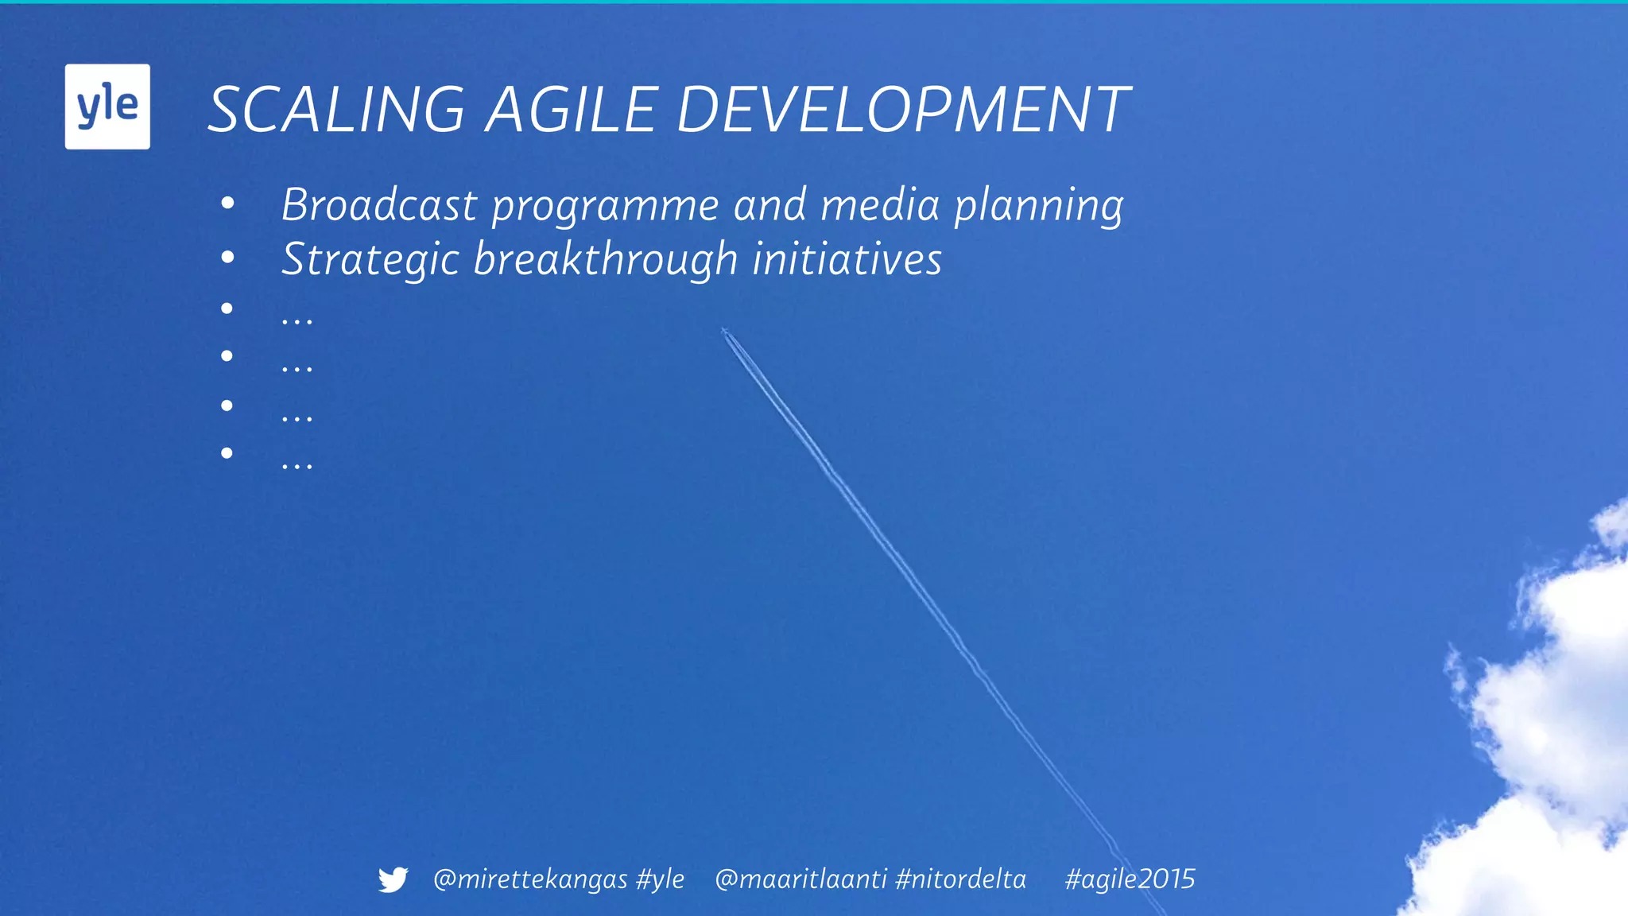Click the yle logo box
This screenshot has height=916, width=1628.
(x=107, y=107)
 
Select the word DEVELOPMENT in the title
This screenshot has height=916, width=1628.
(x=903, y=110)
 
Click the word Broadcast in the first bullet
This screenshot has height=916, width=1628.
(x=379, y=205)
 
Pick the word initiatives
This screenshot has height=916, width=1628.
(x=847, y=259)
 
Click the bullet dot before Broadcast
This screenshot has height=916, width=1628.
(x=228, y=204)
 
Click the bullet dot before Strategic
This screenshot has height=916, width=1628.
(x=228, y=258)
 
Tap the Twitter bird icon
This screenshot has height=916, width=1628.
(x=393, y=879)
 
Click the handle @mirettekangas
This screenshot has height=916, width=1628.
(x=530, y=879)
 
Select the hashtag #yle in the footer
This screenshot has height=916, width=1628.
(x=661, y=879)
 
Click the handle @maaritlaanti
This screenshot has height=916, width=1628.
(x=800, y=879)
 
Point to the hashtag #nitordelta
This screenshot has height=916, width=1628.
(x=960, y=879)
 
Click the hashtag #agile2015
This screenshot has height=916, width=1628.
(x=1130, y=879)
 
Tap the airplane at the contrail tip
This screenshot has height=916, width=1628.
(x=724, y=330)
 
